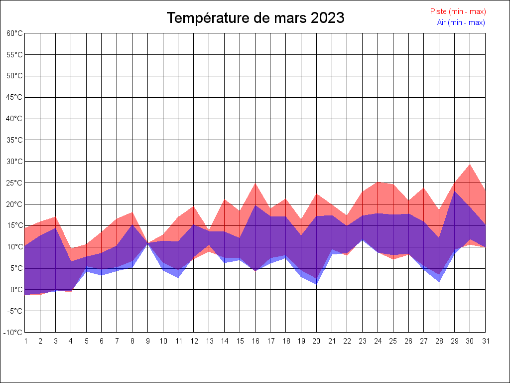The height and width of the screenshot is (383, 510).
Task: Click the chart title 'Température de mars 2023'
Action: [255, 18]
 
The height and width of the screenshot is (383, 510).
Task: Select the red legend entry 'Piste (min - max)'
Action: [458, 11]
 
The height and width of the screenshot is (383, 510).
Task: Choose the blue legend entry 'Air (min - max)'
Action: [461, 22]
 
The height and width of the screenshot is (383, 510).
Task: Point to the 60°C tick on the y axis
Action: [14, 33]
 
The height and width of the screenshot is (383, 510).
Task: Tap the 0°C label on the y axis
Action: [17, 290]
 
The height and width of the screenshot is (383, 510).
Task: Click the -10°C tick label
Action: [14, 333]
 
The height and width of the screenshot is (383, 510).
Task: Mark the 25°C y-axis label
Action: [14, 183]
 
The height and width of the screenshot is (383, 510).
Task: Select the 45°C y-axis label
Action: [14, 97]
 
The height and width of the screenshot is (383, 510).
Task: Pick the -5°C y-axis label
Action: [15, 311]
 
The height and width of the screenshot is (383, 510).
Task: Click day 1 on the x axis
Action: [25, 341]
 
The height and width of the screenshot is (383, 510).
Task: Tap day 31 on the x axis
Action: [485, 341]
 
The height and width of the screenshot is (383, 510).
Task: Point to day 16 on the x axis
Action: [255, 341]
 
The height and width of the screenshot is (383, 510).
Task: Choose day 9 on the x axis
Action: [147, 341]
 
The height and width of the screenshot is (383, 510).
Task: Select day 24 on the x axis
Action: [378, 341]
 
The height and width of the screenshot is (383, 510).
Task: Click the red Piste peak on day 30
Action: [470, 165]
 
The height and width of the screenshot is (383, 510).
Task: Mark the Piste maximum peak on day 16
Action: [255, 184]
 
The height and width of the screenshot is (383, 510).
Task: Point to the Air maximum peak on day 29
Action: [454, 191]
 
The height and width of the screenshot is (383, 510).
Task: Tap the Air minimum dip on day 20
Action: [316, 284]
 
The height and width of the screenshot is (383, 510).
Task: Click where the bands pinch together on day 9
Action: [147, 243]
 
